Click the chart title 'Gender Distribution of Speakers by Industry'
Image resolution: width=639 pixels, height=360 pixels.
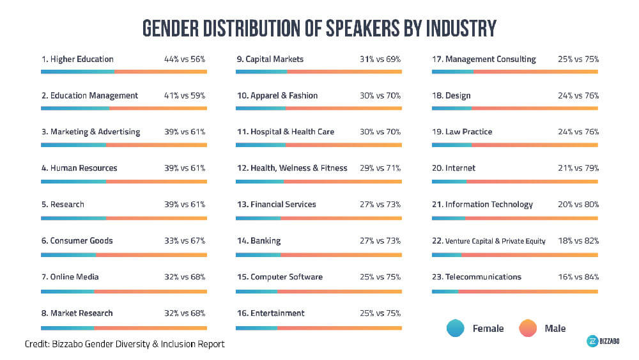point(319,28)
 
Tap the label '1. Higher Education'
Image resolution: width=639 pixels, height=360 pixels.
point(77,59)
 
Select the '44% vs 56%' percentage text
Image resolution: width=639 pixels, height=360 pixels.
point(185,59)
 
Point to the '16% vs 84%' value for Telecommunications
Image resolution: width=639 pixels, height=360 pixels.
point(577,277)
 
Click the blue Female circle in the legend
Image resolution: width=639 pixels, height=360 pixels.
point(456,329)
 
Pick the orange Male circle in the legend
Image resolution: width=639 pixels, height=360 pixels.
point(528,329)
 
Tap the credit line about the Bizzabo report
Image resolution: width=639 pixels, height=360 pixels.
point(125,344)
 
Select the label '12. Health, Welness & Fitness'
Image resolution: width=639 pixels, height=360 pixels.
point(292,168)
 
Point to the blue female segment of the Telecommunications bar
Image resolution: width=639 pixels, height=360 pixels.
point(445,292)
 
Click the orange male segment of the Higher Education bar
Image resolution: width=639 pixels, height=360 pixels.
point(160,72)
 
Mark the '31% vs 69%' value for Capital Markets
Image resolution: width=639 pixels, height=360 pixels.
point(380,59)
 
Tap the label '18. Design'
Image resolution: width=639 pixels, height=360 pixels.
point(451,96)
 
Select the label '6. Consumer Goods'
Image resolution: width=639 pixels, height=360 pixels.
point(77,241)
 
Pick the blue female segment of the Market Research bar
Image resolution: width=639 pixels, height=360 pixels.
point(67,327)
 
